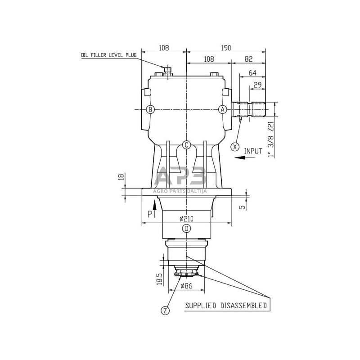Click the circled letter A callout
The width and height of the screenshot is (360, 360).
click(x=222, y=109)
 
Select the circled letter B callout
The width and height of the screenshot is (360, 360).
click(x=150, y=109)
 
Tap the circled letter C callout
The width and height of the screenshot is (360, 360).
click(x=186, y=145)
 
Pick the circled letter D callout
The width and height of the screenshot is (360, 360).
click(x=187, y=229)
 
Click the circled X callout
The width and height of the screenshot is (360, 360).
click(x=235, y=147)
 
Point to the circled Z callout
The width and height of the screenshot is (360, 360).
click(x=165, y=310)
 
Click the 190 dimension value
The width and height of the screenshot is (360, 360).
click(x=226, y=48)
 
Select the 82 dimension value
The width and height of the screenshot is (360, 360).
click(x=249, y=59)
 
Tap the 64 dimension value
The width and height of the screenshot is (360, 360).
click(x=252, y=73)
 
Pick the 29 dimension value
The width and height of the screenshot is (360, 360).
click(x=257, y=85)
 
